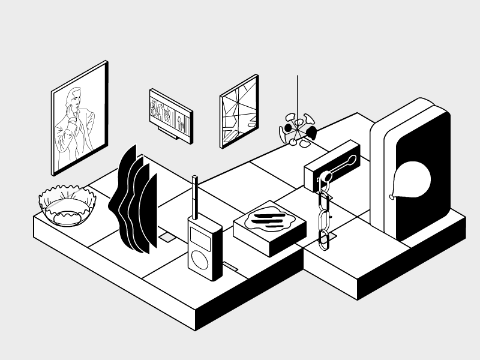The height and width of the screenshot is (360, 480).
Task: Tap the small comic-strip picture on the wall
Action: tap(170, 114)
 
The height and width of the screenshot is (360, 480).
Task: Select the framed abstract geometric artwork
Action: tap(239, 112)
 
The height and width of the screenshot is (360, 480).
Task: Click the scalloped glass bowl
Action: tap(67, 204)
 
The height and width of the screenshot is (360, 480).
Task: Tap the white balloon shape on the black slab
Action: tap(413, 178)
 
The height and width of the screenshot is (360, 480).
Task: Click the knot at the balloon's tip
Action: tap(392, 196)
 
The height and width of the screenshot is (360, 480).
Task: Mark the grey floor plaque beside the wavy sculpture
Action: tap(166, 238)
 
